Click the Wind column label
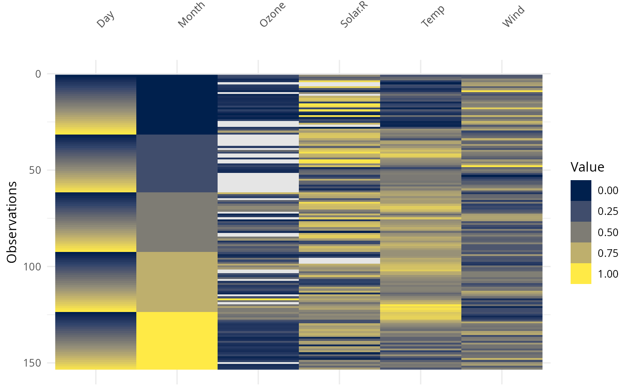pyautogui.click(x=514, y=16)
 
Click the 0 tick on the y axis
pyautogui.click(x=38, y=74)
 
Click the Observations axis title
pyautogui.click(x=12, y=222)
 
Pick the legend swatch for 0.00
pyautogui.click(x=581, y=191)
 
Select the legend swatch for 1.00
pyautogui.click(x=581, y=274)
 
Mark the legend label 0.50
pyautogui.click(x=607, y=233)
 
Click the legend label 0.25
pyautogui.click(x=607, y=212)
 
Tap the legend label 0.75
pyautogui.click(x=607, y=253)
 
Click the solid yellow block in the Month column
pyautogui.click(x=177, y=340)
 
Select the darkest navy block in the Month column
pyautogui.click(x=177, y=104)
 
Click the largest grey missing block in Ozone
pyautogui.click(x=258, y=182)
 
